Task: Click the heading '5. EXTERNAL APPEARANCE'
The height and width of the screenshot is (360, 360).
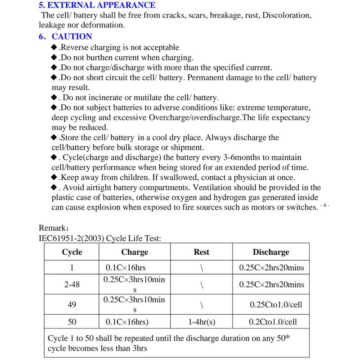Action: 97,5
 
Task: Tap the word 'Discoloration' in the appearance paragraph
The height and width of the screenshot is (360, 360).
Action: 286,16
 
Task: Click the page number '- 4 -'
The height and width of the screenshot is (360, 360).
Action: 324,205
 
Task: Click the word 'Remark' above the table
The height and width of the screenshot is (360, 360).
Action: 52,228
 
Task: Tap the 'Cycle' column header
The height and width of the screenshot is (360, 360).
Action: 72,252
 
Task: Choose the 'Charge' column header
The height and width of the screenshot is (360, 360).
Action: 135,252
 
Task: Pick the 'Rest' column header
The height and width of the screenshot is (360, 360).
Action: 201,252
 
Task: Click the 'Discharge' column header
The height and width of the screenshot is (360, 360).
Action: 271,252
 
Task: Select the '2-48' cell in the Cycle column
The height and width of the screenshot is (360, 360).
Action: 72,285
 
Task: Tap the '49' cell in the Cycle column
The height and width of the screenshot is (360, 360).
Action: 72,305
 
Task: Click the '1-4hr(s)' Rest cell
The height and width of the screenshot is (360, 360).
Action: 201,322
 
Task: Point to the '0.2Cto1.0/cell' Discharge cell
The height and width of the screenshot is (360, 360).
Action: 273,322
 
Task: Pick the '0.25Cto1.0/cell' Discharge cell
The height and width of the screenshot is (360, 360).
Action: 276,305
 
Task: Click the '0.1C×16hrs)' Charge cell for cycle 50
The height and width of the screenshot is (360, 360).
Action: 127,322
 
